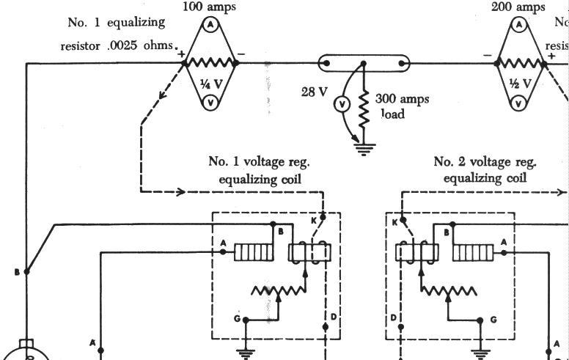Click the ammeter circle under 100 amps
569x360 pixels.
pyautogui.click(x=209, y=24)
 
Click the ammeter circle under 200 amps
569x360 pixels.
pyautogui.click(x=519, y=24)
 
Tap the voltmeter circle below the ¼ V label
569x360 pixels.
pyautogui.click(x=209, y=103)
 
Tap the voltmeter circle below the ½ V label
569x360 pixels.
pyautogui.click(x=519, y=103)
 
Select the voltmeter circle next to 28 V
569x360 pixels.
pyautogui.click(x=342, y=105)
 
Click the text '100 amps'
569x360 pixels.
pyautogui.click(x=209, y=7)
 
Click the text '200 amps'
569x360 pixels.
pyautogui.click(x=519, y=7)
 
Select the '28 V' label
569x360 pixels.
pyautogui.click(x=314, y=92)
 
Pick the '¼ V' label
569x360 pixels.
pyautogui.click(x=209, y=83)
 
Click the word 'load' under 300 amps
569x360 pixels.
pyautogui.click(x=392, y=114)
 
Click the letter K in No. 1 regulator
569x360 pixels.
pyautogui.click(x=314, y=219)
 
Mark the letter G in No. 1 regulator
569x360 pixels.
pyautogui.click(x=237, y=319)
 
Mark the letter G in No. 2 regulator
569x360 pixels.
pyautogui.click(x=493, y=320)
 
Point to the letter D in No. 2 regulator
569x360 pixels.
pyautogui.click(x=394, y=317)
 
